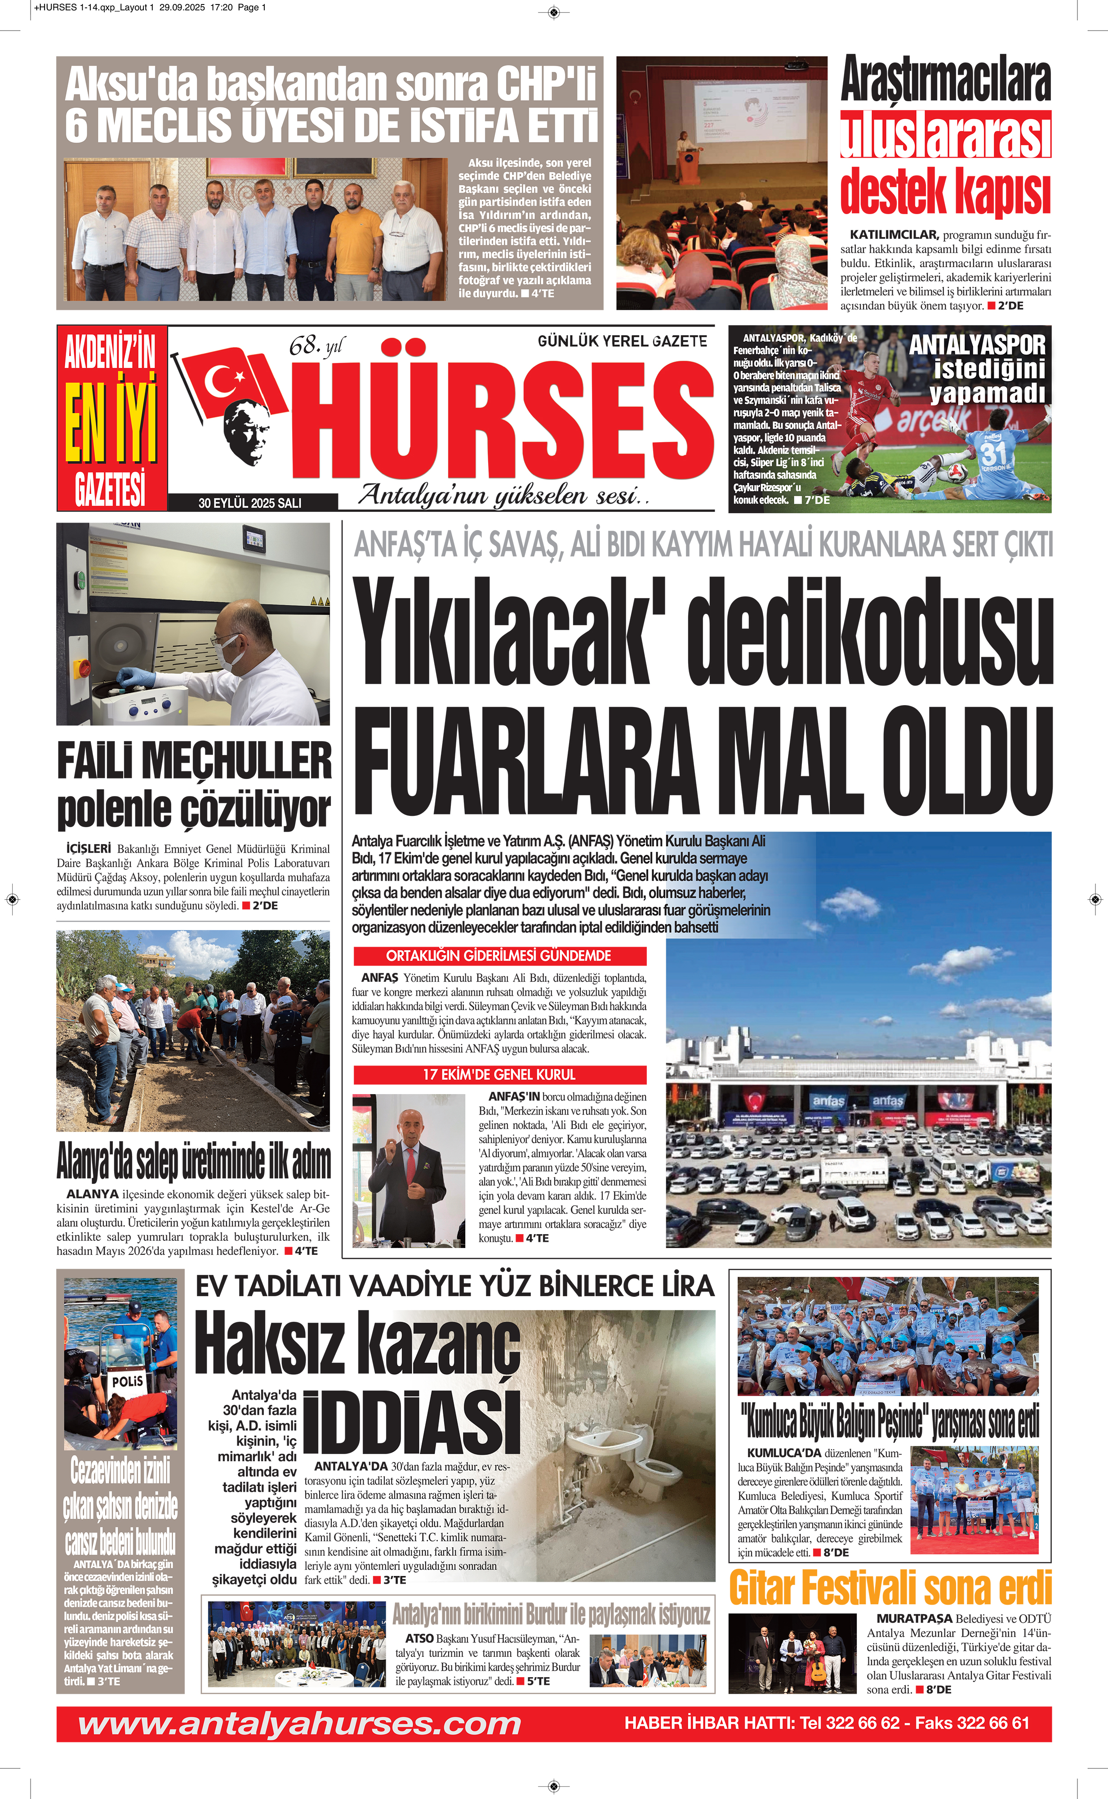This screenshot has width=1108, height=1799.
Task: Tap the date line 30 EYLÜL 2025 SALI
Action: (x=250, y=503)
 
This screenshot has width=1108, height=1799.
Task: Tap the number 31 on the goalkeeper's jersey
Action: (x=994, y=452)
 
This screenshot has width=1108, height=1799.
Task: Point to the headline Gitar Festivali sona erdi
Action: (x=890, y=1589)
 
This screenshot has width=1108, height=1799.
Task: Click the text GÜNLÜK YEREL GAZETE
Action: (x=622, y=341)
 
